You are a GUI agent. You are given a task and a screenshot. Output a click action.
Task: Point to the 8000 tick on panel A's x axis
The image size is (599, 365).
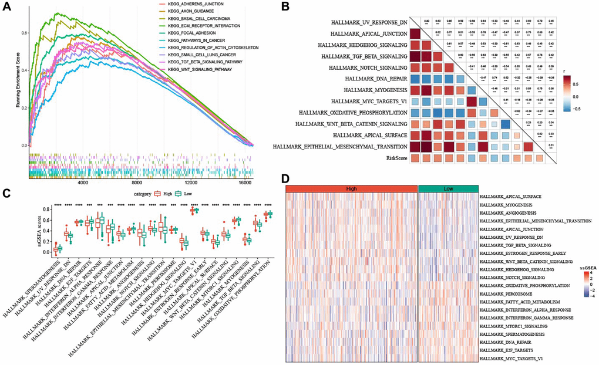tap(137, 182)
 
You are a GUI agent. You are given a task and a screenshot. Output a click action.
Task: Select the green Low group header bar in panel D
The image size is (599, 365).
tap(447, 187)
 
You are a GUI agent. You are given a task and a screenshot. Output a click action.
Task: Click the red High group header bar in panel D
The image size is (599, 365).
tap(351, 187)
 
